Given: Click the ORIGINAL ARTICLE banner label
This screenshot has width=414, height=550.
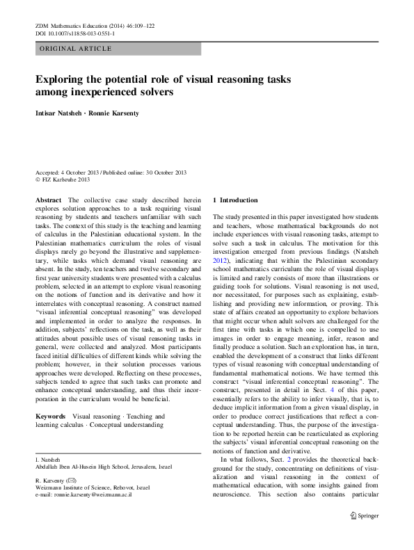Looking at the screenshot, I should [68, 49].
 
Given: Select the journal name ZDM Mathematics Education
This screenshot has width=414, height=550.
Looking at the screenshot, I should [74, 25].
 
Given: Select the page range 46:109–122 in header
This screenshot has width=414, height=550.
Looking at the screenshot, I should [136, 25].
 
